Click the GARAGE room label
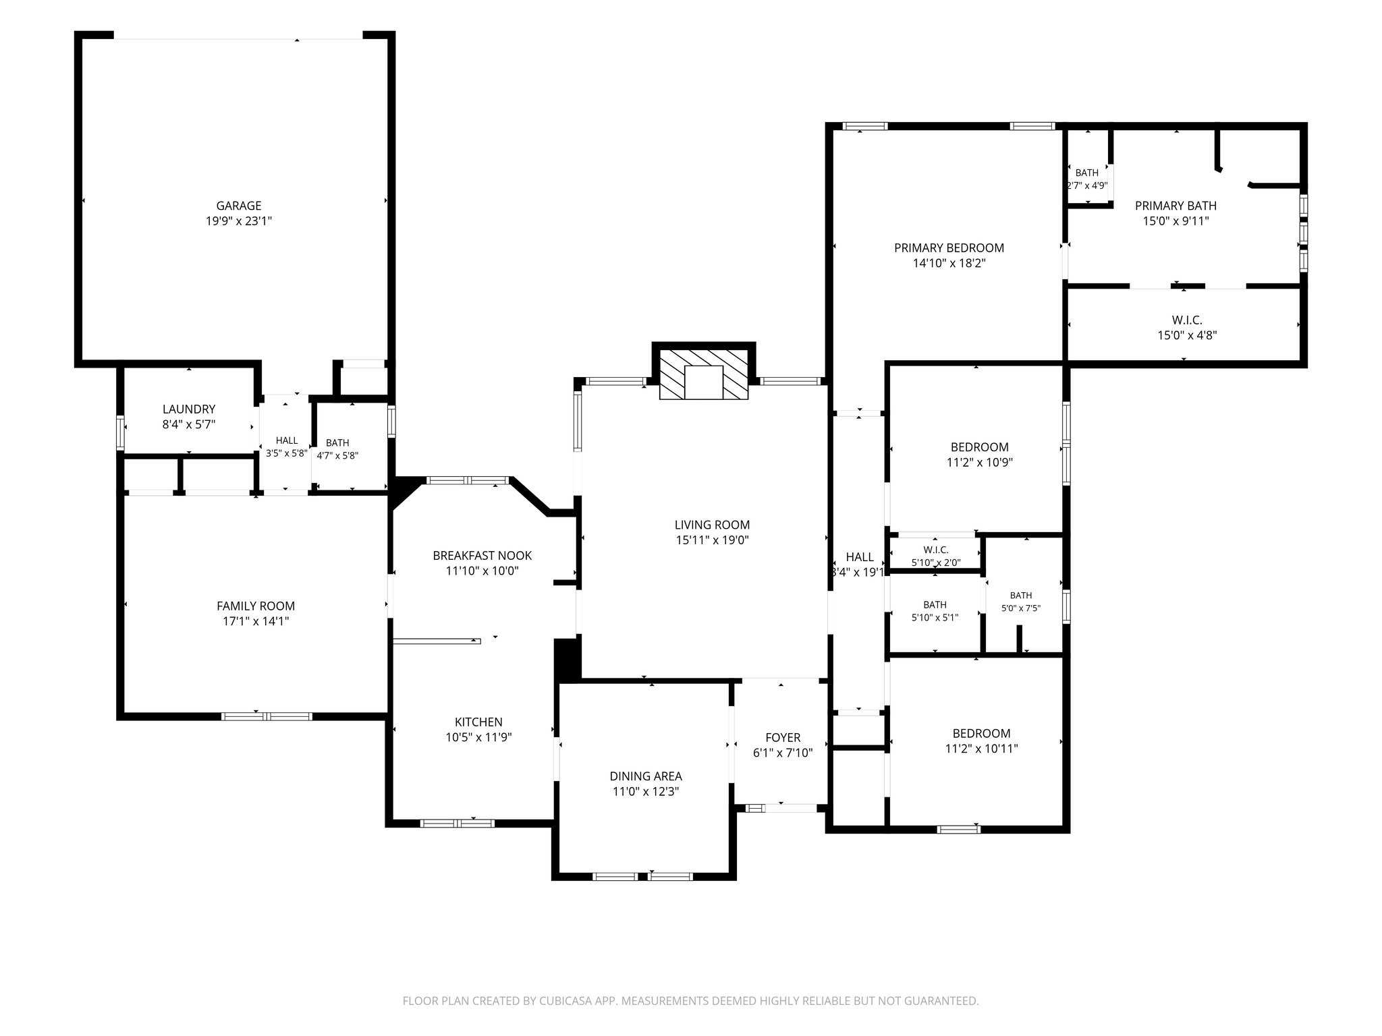point(239,206)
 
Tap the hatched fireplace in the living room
point(704,374)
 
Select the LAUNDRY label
point(189,409)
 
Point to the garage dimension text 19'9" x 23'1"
point(239,221)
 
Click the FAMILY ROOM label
point(256,606)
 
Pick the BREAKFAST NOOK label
point(482,556)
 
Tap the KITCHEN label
point(478,722)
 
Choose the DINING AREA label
point(646,776)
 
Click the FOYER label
point(783,738)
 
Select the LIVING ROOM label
point(713,525)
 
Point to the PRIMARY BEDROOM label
point(949,248)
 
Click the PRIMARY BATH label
point(1176,206)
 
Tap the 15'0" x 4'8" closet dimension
point(1187,335)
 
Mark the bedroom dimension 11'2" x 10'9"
point(980,462)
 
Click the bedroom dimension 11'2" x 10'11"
point(982,749)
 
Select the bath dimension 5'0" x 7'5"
point(1021,608)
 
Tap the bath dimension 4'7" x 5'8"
point(337,455)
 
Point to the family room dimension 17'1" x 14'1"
point(256,621)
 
